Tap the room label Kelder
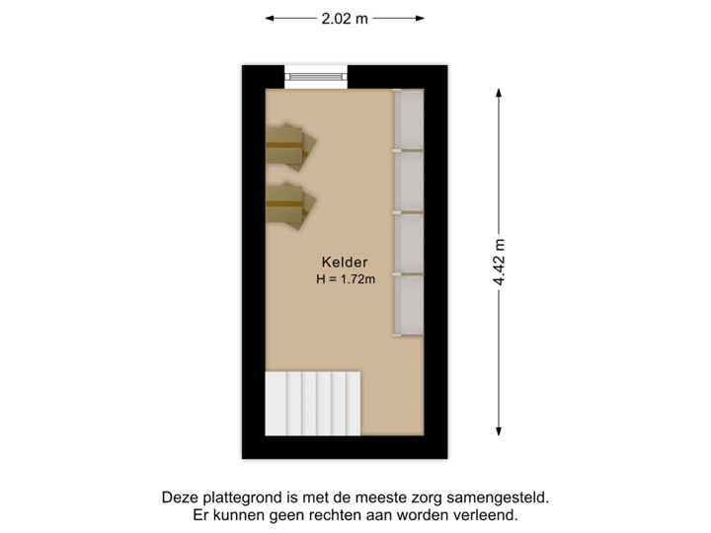click(x=345, y=263)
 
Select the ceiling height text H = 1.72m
click(x=346, y=280)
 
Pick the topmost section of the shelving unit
click(x=409, y=120)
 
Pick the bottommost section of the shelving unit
click(x=409, y=305)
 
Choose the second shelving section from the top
click(x=409, y=182)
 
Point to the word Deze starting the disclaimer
click(x=178, y=498)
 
